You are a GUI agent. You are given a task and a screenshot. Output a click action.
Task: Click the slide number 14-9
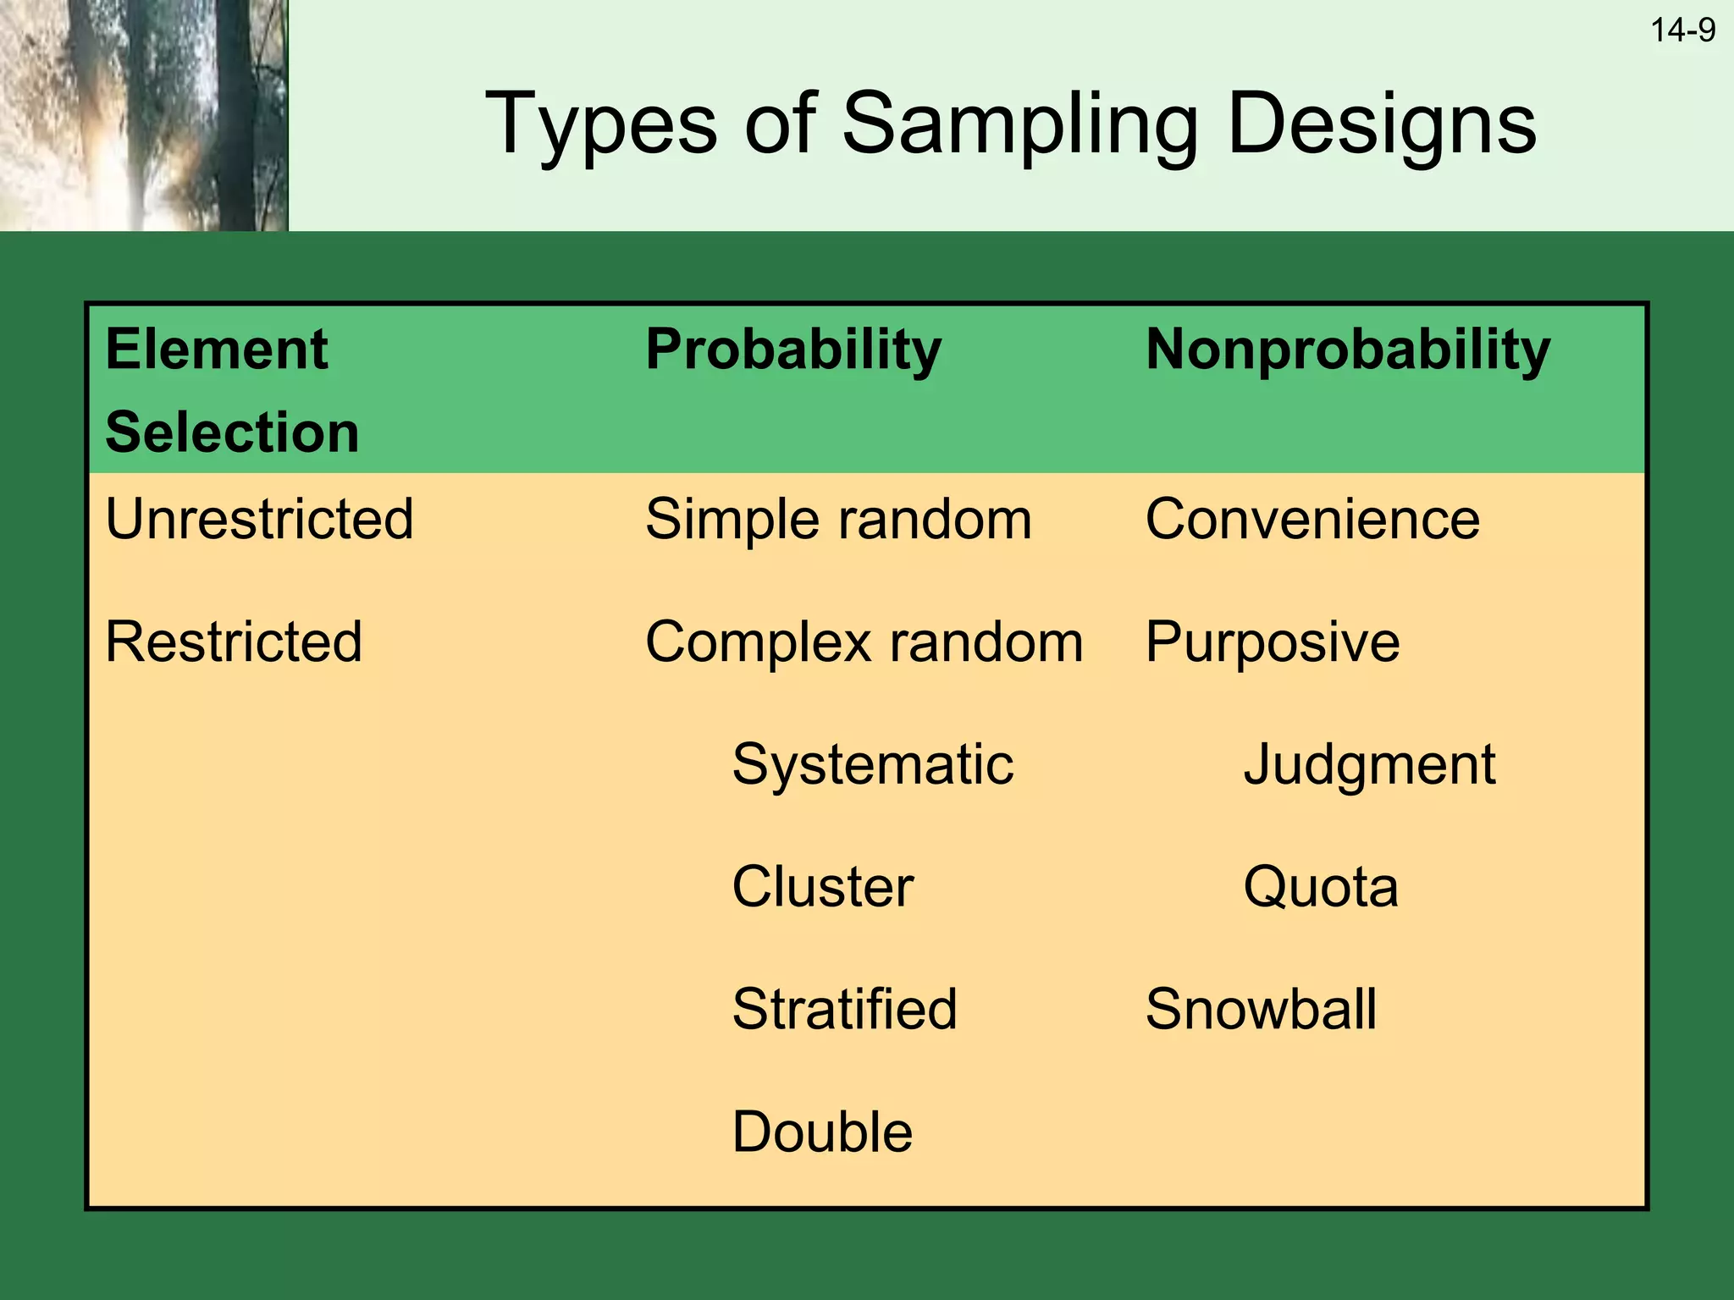point(1682,31)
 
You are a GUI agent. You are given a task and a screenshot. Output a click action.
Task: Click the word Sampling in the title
point(1020,124)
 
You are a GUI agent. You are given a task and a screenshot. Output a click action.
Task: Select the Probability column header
point(793,350)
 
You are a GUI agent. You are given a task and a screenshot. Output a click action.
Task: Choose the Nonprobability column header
point(1348,350)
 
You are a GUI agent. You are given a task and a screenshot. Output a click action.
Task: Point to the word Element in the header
point(217,350)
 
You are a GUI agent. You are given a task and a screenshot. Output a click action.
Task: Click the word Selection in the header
point(232,432)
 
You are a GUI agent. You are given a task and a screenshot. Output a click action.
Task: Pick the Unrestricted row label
point(259,519)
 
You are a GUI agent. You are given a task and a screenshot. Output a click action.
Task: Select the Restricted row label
point(234,642)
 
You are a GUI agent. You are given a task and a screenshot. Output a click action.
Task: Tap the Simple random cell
point(838,519)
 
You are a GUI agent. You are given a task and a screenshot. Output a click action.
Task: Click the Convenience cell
point(1312,519)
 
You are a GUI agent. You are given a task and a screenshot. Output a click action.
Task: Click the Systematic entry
point(872,765)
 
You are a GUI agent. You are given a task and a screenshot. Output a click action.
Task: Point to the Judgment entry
point(1369,765)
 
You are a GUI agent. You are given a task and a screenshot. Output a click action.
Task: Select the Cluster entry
point(822,887)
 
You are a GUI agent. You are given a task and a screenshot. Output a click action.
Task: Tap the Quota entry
point(1320,887)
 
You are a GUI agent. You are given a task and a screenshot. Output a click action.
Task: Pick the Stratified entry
point(844,1009)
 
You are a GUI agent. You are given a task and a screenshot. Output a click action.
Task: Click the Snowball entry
point(1261,1009)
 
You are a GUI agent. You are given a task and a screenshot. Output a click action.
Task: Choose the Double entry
point(822,1132)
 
